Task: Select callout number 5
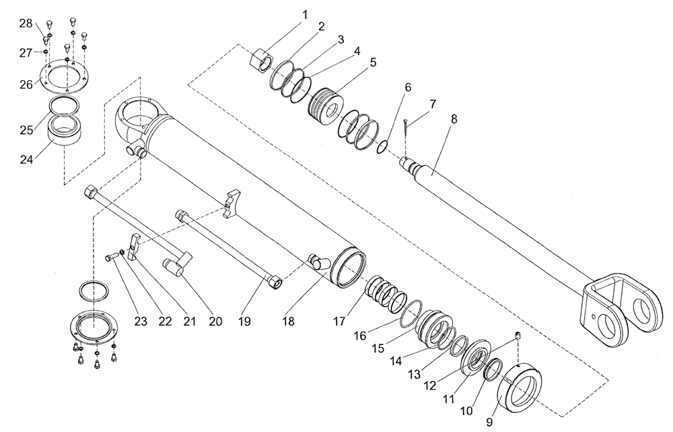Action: coord(373,62)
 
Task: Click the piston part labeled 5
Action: coord(326,106)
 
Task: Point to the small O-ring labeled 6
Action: coord(382,146)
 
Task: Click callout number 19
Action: coord(245,321)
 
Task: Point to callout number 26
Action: coord(25,84)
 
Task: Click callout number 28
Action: coord(26,24)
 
